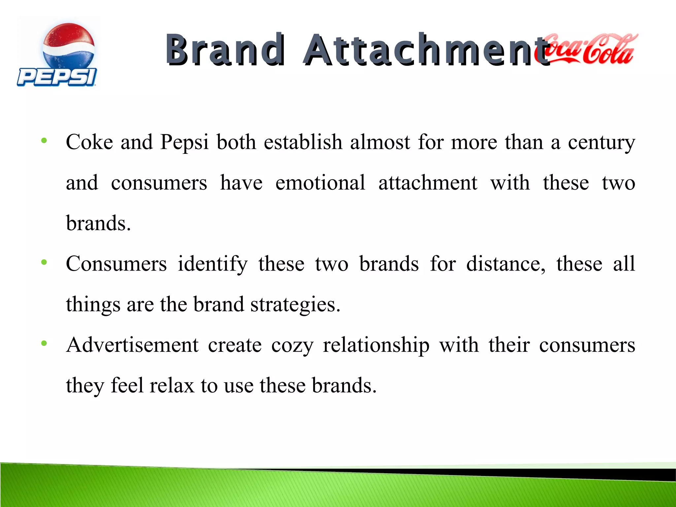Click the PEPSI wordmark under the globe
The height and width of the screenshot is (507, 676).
pyautogui.click(x=57, y=77)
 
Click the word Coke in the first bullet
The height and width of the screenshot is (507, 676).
pyautogui.click(x=89, y=142)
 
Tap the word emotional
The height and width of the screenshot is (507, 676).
pyautogui.click(x=320, y=183)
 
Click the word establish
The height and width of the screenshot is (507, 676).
pyautogui.click(x=303, y=142)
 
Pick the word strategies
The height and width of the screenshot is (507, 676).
pyautogui.click(x=295, y=305)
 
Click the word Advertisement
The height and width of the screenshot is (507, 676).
pyautogui.click(x=132, y=345)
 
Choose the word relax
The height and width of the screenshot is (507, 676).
pyautogui.click(x=172, y=386)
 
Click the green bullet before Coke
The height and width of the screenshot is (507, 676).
pyautogui.click(x=44, y=141)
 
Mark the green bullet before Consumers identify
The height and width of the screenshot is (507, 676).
pyautogui.click(x=44, y=263)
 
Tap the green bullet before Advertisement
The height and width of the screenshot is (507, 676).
pyautogui.click(x=44, y=344)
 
